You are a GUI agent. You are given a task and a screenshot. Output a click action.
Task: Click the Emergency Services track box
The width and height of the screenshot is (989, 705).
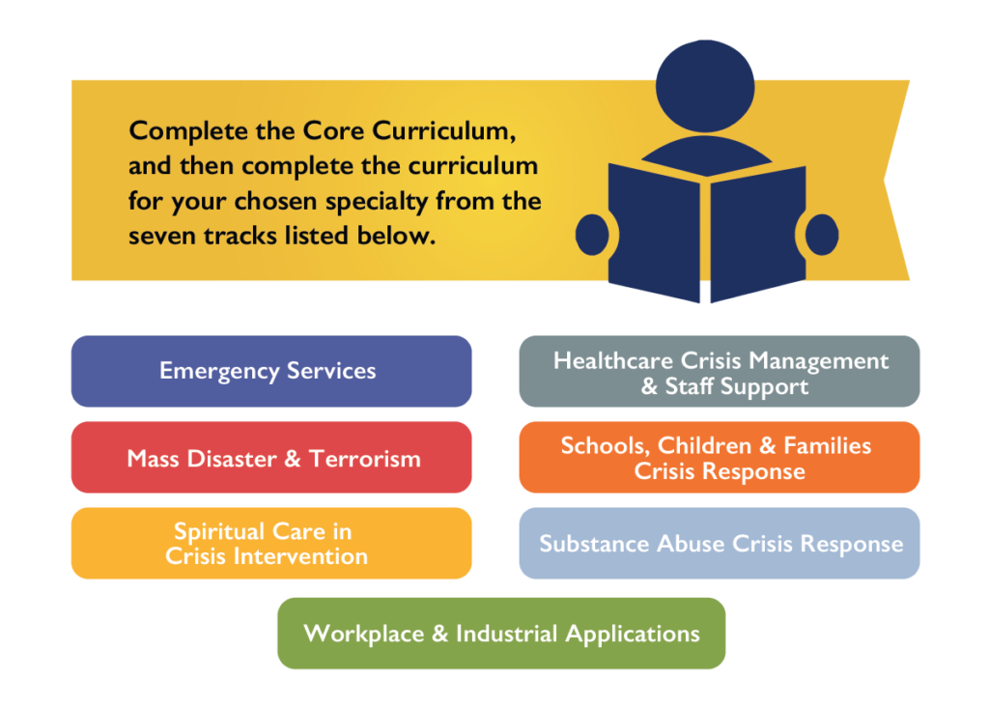[x=271, y=371]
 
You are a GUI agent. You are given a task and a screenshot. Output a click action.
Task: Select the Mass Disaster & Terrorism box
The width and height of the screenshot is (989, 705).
[x=271, y=457]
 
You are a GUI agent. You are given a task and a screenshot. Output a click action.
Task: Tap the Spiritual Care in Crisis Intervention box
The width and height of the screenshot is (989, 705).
[x=271, y=543]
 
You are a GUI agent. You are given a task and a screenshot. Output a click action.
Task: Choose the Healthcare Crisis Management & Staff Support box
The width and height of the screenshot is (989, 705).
[x=719, y=371]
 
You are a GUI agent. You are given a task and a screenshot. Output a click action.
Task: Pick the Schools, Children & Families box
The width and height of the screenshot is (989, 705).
[x=719, y=457]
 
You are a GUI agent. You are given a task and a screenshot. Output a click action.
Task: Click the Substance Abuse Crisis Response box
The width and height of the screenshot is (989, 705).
[x=719, y=543]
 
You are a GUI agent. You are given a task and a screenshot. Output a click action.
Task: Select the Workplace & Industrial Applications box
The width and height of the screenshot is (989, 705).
[x=501, y=634]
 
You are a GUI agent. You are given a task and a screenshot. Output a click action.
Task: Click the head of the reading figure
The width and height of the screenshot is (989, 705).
[x=705, y=86]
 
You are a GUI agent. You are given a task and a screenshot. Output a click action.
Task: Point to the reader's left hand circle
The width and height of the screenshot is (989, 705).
[x=592, y=235]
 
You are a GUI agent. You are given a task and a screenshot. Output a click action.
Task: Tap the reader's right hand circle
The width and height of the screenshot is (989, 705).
[x=822, y=235]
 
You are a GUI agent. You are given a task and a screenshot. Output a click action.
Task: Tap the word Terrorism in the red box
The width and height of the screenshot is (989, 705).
[x=364, y=459]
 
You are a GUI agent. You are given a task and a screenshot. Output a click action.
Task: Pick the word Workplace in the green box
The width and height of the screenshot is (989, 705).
[x=364, y=634]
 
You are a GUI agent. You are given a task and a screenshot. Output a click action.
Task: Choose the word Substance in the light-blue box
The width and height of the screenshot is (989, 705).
[x=594, y=544]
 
